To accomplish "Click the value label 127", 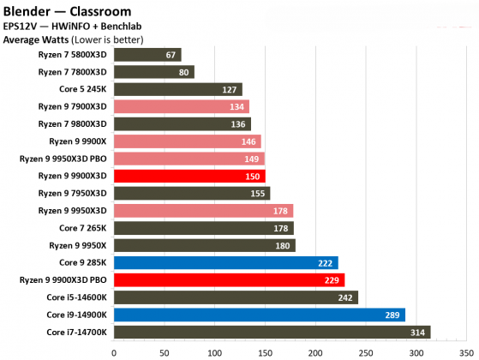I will click(230, 89).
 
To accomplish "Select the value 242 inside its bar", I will click(345, 297).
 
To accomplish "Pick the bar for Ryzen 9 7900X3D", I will click(181, 107).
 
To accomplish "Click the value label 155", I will click(257, 193).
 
